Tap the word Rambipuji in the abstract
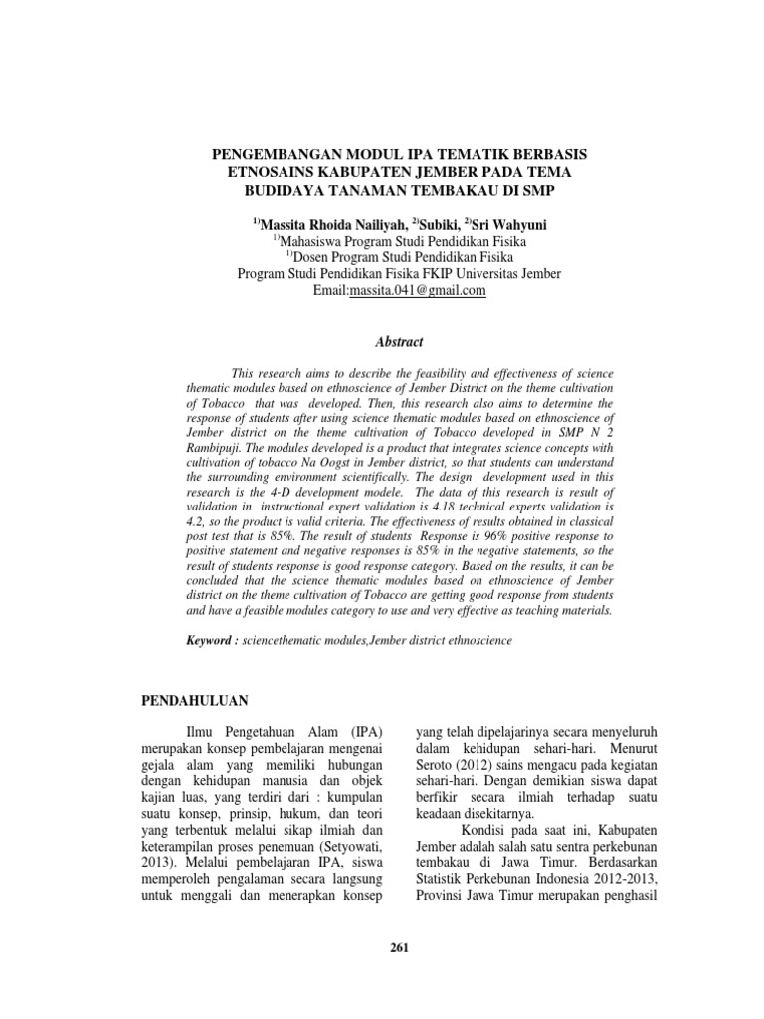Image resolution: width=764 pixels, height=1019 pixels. pos(216,448)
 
